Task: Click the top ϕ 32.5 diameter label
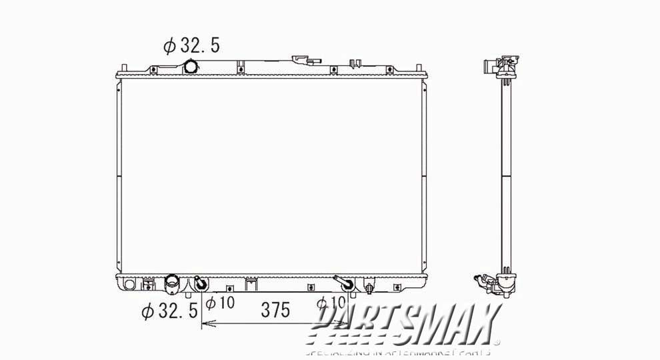pos(191,45)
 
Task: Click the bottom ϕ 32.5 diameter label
pos(169,310)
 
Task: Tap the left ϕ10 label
pos(220,304)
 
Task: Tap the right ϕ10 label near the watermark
pos(331,304)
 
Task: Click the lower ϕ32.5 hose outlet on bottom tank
pos(171,283)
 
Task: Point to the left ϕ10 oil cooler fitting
pos(200,285)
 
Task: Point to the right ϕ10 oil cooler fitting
pos(347,285)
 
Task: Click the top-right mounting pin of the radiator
pos(419,67)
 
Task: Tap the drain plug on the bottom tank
pos(369,288)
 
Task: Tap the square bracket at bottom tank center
pos(251,284)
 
